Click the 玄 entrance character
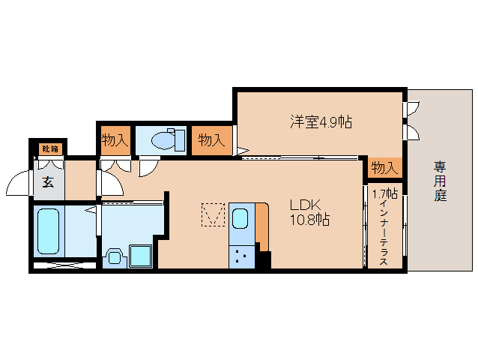pos(47,181)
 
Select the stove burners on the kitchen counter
pos(241,256)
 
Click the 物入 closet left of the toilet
pos(115,140)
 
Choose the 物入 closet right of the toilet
pos(211,140)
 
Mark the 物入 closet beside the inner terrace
pos(384,167)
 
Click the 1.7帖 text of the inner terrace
pos(385,193)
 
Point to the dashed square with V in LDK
pos(214,216)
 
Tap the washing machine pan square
pos(140,255)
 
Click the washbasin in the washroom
pos(114,256)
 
